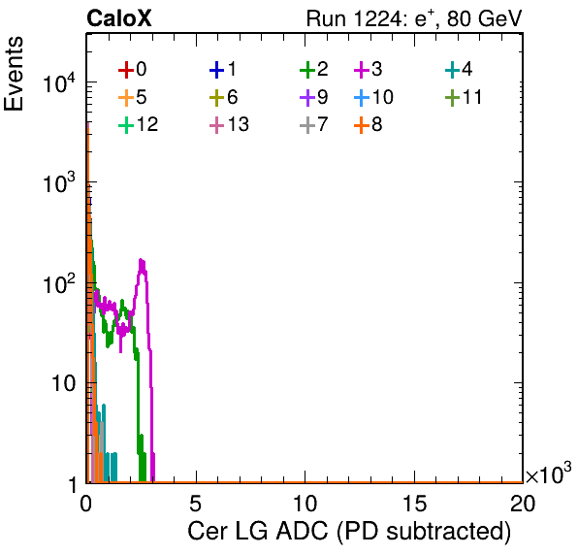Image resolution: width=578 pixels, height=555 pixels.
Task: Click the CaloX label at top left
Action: click(x=118, y=18)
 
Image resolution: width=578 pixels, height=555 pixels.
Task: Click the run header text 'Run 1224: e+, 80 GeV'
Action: click(x=414, y=18)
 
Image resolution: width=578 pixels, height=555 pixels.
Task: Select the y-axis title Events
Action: click(x=14, y=74)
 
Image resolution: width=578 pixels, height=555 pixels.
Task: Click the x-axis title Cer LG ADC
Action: click(x=349, y=532)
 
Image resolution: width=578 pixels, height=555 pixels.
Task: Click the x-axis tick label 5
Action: click(x=195, y=503)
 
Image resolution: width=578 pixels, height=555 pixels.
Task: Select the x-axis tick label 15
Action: click(x=414, y=503)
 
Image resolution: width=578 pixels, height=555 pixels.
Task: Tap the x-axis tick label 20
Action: click(x=523, y=503)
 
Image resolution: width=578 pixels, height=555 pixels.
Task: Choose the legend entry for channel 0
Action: click(x=132, y=69)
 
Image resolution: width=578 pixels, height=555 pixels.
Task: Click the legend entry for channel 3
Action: click(x=368, y=69)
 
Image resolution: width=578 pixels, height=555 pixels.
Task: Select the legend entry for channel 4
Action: click(x=459, y=69)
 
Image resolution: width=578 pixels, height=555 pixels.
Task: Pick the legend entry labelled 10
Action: click(x=373, y=97)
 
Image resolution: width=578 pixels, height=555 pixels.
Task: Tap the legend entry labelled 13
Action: click(x=229, y=124)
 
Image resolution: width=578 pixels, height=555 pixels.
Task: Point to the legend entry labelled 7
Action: click(x=314, y=124)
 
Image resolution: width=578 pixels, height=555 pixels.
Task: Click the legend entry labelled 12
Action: click(x=139, y=124)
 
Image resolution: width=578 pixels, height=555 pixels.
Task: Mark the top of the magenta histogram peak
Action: click(x=142, y=260)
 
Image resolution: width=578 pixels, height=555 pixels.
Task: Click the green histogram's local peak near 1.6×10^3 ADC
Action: click(x=122, y=301)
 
